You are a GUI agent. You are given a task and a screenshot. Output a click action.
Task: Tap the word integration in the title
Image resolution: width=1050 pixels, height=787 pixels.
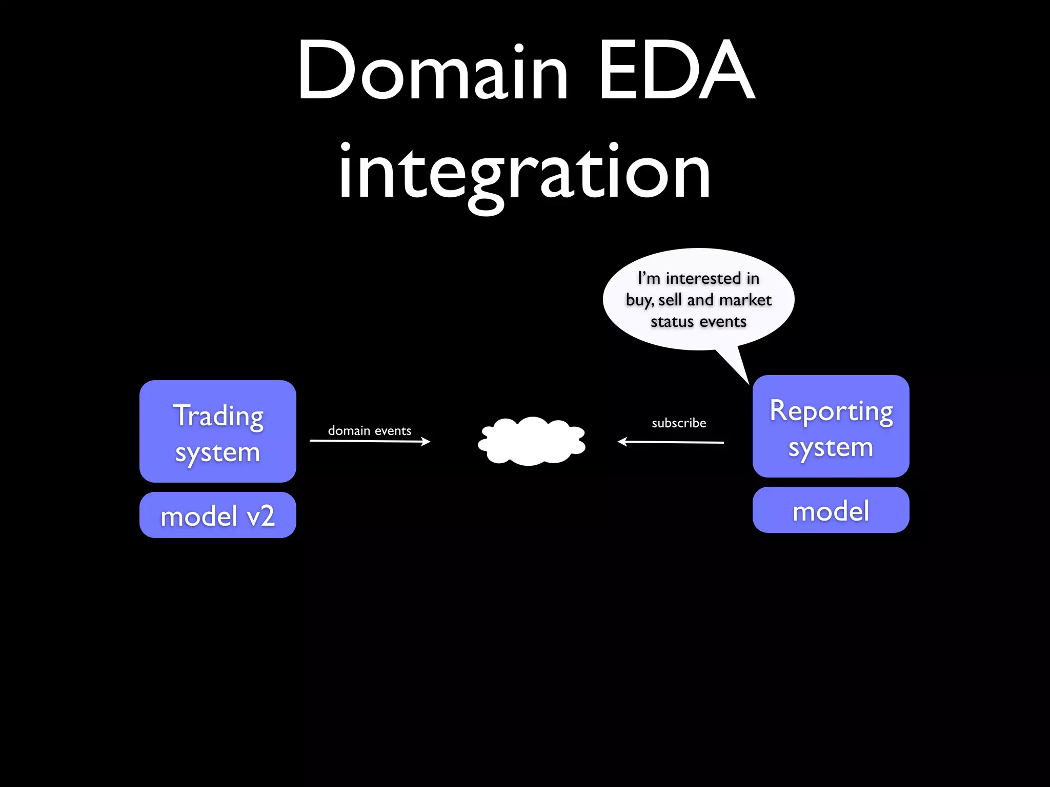[524, 172]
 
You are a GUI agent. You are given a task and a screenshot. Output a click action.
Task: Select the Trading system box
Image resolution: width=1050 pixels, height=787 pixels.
[217, 431]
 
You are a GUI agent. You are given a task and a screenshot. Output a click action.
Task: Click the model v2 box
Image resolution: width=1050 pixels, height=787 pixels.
[217, 515]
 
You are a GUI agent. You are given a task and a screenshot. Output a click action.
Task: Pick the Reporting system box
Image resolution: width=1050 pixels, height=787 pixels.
[831, 426]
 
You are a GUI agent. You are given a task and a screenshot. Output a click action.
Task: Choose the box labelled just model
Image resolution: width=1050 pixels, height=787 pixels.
[831, 510]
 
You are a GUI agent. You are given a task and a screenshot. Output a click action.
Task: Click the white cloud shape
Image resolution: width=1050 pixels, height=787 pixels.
[532, 441]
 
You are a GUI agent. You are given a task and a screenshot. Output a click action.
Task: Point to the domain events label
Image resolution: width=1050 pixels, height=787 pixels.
[369, 430]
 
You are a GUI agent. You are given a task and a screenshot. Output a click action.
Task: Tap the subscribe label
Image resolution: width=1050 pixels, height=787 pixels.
[679, 423]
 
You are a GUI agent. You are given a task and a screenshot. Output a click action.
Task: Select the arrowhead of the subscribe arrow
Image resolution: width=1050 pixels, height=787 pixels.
[622, 441]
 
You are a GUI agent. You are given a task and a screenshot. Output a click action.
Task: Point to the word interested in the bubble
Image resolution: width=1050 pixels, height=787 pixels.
[703, 278]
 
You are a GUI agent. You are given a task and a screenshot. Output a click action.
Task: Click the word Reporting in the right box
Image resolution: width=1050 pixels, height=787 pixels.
[831, 411]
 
